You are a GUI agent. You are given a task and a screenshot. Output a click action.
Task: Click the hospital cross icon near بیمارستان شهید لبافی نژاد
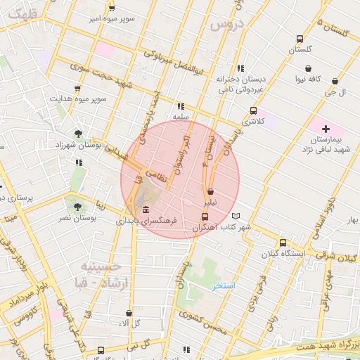(326, 128)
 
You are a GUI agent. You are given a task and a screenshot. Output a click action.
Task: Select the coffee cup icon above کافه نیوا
(307, 69)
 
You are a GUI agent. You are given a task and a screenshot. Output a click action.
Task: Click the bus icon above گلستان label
(300, 39)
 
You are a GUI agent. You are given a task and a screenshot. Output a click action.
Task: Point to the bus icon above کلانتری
(253, 110)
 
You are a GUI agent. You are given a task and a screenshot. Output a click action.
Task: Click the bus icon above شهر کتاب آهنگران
(205, 217)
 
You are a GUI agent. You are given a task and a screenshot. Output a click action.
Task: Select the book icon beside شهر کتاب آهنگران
(236, 216)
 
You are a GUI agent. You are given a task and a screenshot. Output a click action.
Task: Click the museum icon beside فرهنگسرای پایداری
(146, 211)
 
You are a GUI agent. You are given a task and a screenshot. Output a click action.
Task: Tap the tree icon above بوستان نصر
(77, 207)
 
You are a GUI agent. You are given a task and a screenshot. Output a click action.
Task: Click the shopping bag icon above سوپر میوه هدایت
(77, 89)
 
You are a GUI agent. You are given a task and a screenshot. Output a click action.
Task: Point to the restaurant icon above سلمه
(181, 106)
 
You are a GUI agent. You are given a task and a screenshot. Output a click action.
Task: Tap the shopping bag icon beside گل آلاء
(129, 314)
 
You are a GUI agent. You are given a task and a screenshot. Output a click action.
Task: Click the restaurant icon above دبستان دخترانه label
(240, 68)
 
